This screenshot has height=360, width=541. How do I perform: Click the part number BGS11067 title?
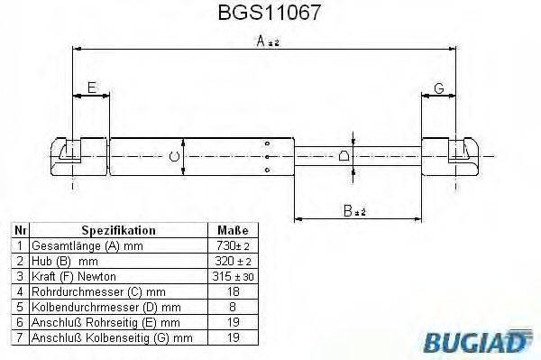pyautogui.click(x=270, y=14)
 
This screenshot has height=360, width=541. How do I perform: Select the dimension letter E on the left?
pyautogui.click(x=91, y=88)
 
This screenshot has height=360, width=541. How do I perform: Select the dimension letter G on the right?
pyautogui.click(x=439, y=88)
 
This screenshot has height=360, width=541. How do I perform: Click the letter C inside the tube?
pyautogui.click(x=174, y=156)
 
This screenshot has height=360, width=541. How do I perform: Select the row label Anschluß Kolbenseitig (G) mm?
pyautogui.click(x=111, y=337)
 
